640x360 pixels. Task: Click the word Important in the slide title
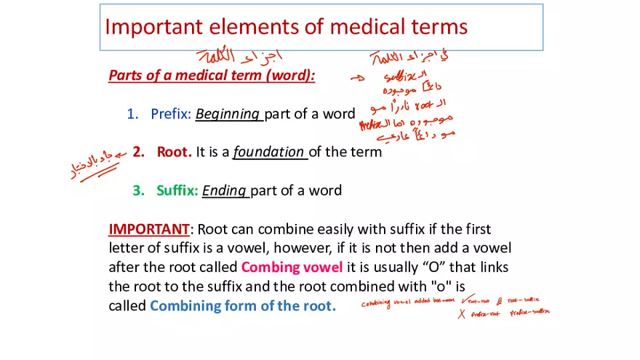click(153, 27)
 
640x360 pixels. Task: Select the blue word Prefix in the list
click(169, 114)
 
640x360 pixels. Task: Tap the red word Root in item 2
click(173, 152)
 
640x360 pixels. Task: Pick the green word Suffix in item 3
click(177, 191)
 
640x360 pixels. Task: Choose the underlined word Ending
click(225, 191)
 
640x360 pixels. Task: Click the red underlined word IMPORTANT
click(148, 229)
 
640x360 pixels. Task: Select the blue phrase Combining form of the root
click(242, 305)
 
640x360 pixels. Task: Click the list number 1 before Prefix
click(132, 114)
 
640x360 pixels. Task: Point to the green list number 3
click(137, 191)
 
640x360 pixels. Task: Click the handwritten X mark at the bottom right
click(461, 313)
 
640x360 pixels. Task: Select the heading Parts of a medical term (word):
click(212, 76)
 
